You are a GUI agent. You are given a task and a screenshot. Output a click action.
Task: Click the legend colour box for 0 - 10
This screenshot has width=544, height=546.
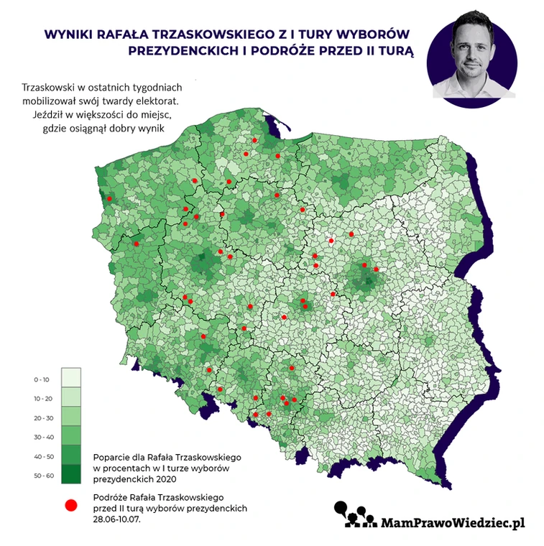tap(70, 378)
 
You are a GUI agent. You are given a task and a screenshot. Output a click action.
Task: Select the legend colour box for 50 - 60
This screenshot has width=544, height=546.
tap(70, 475)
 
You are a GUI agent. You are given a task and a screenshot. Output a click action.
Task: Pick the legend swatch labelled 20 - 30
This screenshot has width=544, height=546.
tap(70, 417)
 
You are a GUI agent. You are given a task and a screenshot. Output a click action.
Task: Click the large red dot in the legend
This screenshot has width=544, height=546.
tap(70, 505)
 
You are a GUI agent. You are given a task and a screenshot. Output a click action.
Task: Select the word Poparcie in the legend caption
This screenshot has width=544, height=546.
tap(111, 457)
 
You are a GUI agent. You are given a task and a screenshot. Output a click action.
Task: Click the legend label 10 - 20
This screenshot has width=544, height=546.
tap(43, 398)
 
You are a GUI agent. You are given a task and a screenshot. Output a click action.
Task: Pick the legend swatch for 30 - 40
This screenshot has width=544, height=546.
tap(70, 436)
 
